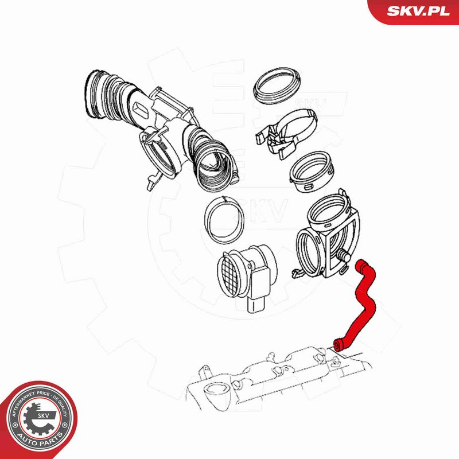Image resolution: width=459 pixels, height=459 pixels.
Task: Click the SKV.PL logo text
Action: pyautogui.click(x=418, y=11)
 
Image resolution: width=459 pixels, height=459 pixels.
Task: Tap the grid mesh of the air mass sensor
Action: pyautogui.click(x=231, y=274)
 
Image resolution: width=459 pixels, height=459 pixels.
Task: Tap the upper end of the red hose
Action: pyautogui.click(x=361, y=264)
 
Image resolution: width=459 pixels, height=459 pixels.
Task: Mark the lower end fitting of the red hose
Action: pyautogui.click(x=339, y=345)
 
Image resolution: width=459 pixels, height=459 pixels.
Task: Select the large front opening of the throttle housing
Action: pyautogui.click(x=308, y=253)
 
